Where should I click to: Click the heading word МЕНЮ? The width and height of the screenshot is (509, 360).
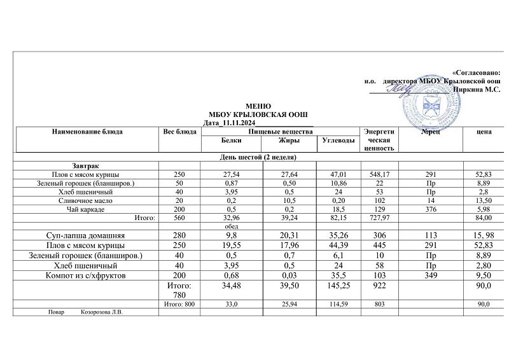pos(258,106)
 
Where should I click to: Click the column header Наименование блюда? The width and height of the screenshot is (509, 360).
pos(88,132)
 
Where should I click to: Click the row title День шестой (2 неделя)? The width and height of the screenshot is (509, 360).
pos(258,156)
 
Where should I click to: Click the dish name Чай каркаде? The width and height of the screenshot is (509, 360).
pos(85,209)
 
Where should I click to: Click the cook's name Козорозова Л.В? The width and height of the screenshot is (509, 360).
pos(102,312)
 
